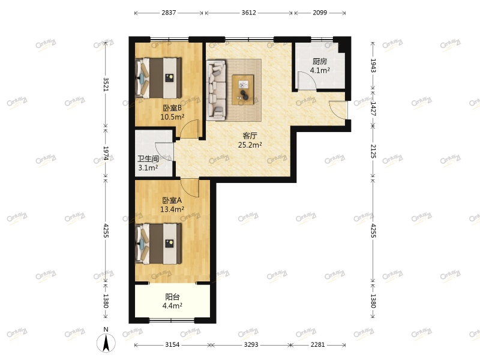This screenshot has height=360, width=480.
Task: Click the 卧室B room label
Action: tap(172, 108)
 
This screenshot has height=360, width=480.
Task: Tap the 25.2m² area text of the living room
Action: tap(250, 145)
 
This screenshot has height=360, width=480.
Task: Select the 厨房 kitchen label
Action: tap(319, 61)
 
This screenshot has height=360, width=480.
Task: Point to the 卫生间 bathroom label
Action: tap(148, 159)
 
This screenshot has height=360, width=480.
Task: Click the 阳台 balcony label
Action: tap(172, 297)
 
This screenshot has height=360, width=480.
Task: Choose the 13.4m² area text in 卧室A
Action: tap(172, 209)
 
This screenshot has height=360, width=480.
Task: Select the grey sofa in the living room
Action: tap(216, 88)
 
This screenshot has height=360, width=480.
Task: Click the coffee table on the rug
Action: tap(243, 88)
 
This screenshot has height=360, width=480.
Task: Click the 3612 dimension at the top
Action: tap(248, 13)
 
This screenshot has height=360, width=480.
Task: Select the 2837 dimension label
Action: tap(169, 13)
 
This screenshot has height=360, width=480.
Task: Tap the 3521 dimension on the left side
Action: tap(106, 84)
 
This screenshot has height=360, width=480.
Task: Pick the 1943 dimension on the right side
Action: tap(373, 65)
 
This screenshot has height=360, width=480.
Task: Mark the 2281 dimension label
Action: tap(318, 344)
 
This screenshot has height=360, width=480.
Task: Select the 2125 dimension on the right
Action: tap(373, 151)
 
